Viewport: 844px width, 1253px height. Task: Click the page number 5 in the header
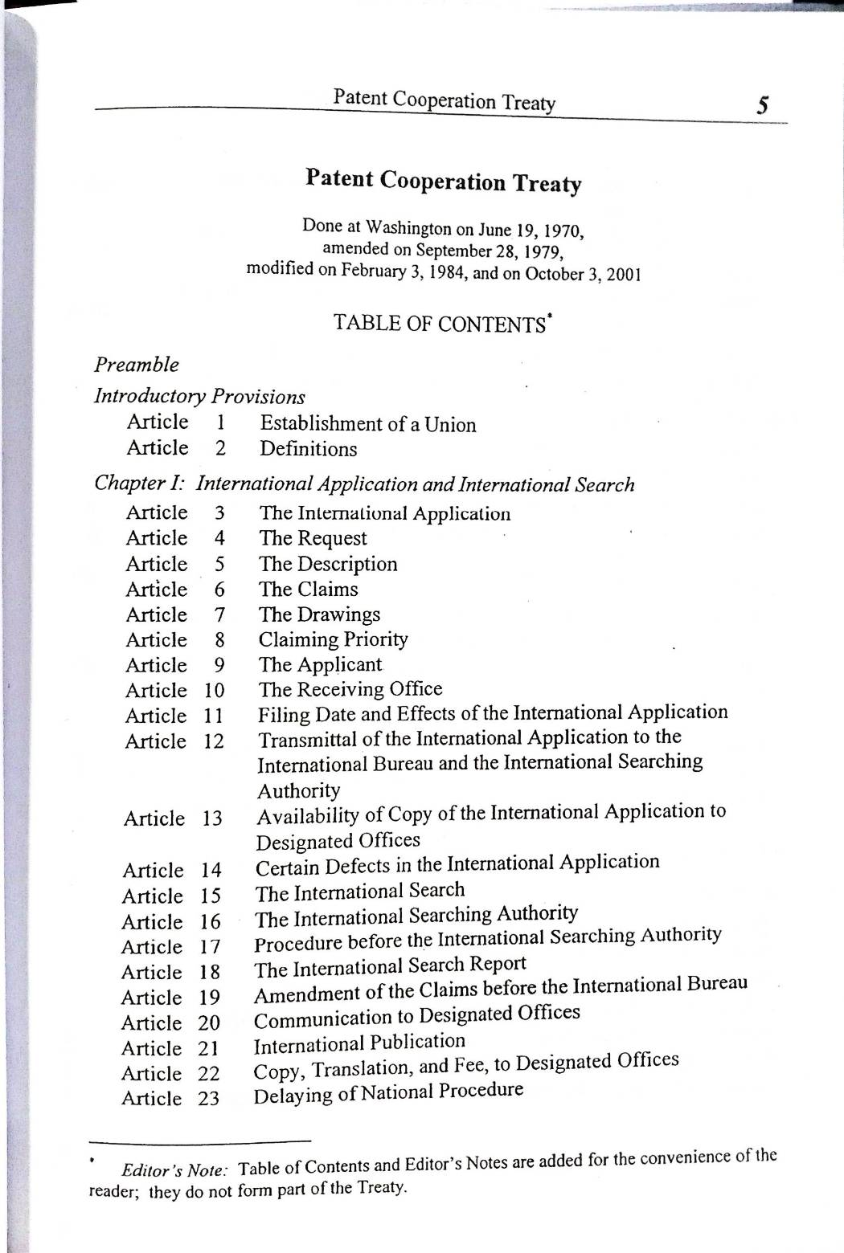point(764,106)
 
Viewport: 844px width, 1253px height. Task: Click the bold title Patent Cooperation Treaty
point(443,181)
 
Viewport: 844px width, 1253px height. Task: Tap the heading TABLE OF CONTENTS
point(440,324)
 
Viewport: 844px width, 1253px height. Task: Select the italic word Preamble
point(137,365)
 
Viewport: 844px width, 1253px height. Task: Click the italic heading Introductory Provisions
point(199,396)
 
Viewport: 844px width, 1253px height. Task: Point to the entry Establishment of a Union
point(367,424)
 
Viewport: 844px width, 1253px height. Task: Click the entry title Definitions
point(308,449)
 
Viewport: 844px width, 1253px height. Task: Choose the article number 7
point(219,615)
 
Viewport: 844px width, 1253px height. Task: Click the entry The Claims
point(308,590)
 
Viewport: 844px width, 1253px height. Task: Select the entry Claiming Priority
point(333,639)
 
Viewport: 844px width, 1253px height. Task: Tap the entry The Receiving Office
point(350,689)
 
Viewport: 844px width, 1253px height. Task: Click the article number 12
point(213,741)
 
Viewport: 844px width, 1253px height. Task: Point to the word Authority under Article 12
point(298,790)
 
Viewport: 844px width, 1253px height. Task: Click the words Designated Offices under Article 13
point(338,841)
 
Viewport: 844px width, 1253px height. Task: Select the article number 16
point(210,921)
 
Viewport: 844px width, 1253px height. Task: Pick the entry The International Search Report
point(390,966)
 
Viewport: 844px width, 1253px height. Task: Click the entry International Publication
point(359,1043)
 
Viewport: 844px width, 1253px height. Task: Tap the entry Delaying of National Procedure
point(388,1093)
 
